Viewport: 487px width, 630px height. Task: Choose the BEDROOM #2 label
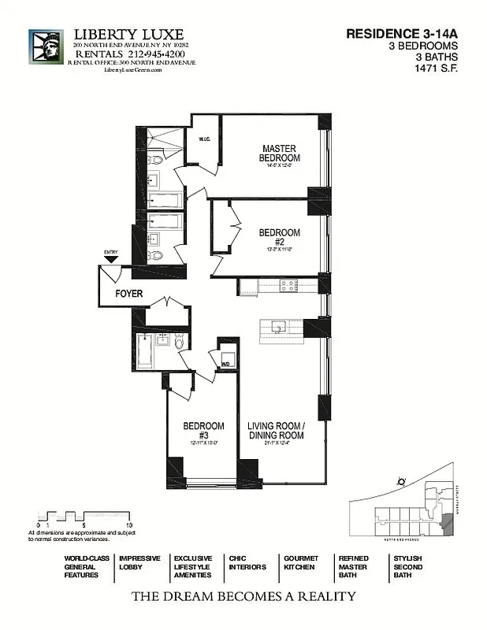(279, 237)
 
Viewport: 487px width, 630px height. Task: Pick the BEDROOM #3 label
(203, 431)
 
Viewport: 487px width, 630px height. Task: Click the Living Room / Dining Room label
(275, 431)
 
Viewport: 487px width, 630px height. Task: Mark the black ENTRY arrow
(110, 258)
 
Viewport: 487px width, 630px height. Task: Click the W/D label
(225, 365)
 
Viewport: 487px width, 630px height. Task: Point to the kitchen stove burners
(288, 285)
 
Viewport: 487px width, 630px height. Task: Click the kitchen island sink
(278, 326)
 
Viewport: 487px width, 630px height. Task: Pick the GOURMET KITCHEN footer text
(300, 562)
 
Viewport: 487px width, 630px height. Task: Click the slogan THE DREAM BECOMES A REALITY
(243, 596)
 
